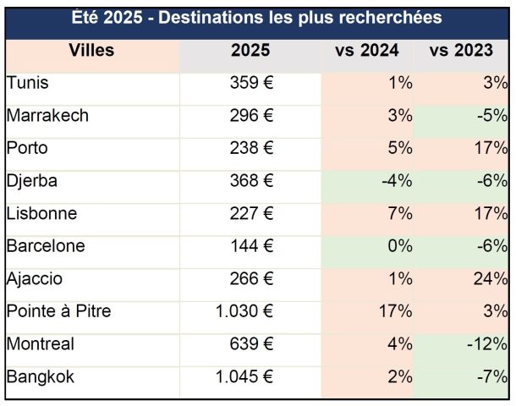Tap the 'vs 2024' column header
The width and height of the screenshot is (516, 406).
[x=366, y=51]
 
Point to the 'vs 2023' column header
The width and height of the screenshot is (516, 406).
[x=461, y=51]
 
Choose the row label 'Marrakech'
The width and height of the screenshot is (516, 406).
[x=47, y=116]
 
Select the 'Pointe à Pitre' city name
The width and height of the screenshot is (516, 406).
[x=58, y=311]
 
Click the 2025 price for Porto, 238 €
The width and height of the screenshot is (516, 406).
[x=251, y=148]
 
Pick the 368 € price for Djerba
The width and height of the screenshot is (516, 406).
[x=251, y=181]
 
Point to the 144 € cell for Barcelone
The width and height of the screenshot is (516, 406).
[x=251, y=246]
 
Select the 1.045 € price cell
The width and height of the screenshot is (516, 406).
[x=244, y=376]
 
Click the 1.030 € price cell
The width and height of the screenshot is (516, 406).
[x=244, y=311]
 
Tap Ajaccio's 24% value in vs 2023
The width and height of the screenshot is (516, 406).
[x=491, y=278]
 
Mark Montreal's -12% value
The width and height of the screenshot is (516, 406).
[x=488, y=344]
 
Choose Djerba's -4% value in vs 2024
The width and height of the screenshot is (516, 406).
[x=395, y=181]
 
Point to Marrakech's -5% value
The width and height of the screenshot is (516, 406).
[x=491, y=116]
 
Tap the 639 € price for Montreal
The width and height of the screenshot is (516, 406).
[x=251, y=344]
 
